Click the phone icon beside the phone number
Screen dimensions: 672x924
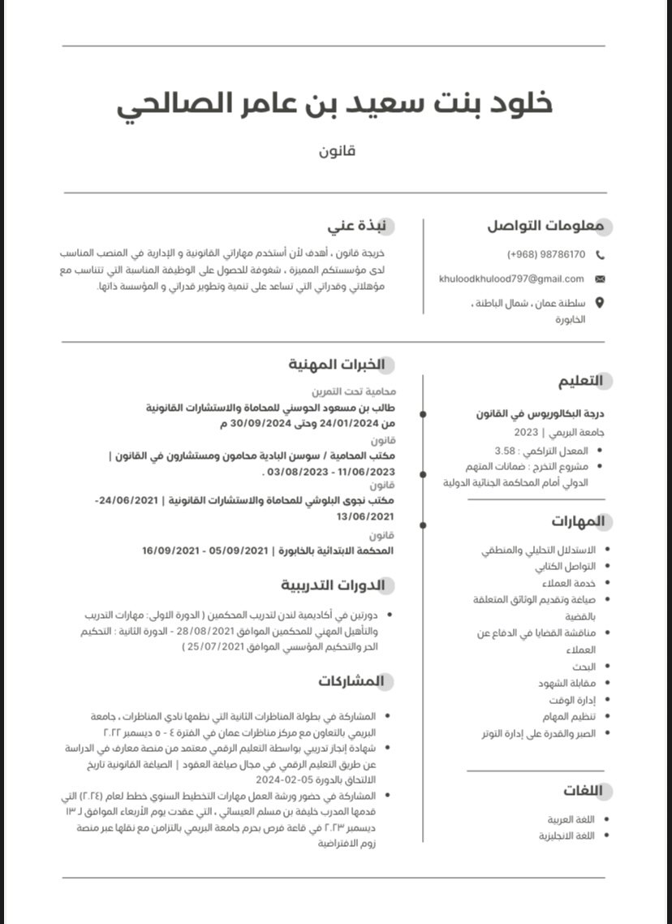[600, 254]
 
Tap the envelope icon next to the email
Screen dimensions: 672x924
[600, 278]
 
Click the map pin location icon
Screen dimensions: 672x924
[600, 303]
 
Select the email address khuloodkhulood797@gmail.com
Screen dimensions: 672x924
[511, 278]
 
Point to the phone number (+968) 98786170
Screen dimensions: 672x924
[546, 254]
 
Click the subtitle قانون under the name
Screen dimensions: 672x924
[336, 151]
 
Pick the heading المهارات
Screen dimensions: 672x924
[578, 520]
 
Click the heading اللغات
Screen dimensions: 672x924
[582, 791]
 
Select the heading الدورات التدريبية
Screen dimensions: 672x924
[333, 585]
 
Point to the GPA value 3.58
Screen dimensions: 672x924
[505, 450]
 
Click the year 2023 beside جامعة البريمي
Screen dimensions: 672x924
[526, 432]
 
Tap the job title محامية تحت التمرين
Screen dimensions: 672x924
[355, 391]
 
